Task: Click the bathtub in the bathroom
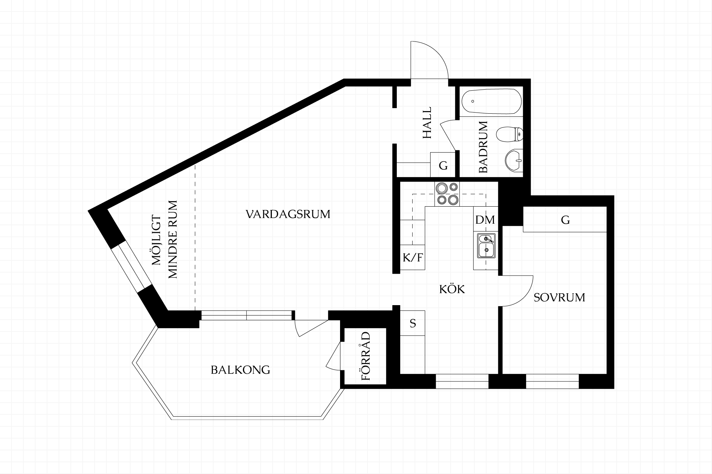tap(491, 101)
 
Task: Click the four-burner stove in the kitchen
tap(447, 194)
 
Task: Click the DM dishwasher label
tap(485, 220)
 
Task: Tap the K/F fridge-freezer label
tap(413, 257)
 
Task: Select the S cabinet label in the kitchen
tap(413, 324)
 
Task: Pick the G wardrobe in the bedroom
tap(565, 220)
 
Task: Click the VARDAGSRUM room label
tap(288, 214)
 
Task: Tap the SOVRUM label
tap(559, 297)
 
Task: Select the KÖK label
tap(452, 289)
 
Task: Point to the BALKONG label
tap(240, 370)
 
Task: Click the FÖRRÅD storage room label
tap(366, 356)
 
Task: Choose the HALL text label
tap(427, 123)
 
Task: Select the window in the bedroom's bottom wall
tap(552, 381)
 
